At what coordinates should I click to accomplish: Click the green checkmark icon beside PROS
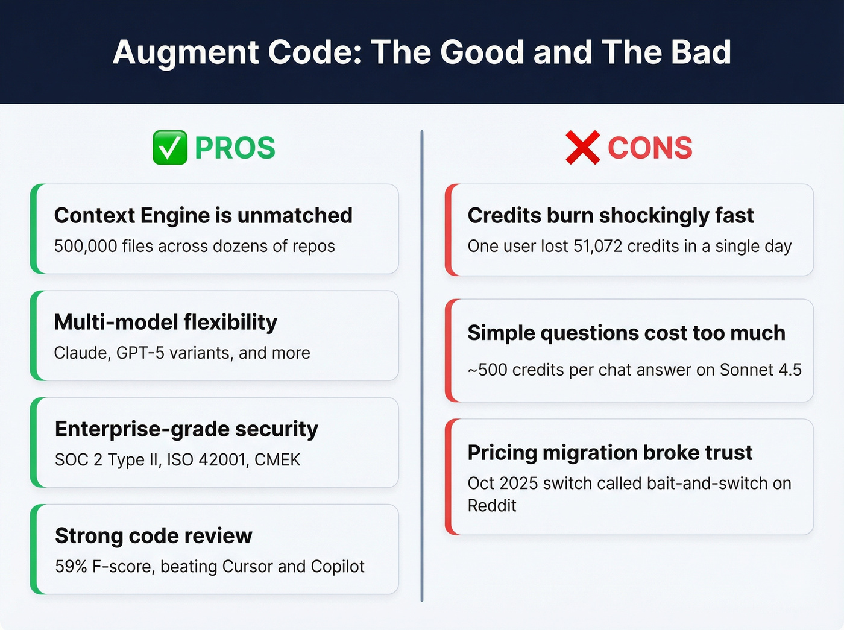(169, 148)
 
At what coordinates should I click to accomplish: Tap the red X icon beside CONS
(582, 148)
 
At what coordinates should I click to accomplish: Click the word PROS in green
(235, 148)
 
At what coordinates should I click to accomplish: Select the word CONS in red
(650, 148)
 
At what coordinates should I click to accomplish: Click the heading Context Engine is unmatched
(203, 215)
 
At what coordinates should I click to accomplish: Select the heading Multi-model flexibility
(166, 322)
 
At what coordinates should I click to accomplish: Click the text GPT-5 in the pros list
(140, 353)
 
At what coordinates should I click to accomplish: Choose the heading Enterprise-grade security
(186, 429)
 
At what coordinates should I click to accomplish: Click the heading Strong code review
(154, 535)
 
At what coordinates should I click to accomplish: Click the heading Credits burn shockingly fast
(611, 215)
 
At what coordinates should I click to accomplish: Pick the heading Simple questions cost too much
(626, 333)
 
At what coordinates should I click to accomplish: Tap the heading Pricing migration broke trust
(609, 452)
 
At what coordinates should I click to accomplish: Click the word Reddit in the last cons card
(492, 506)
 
